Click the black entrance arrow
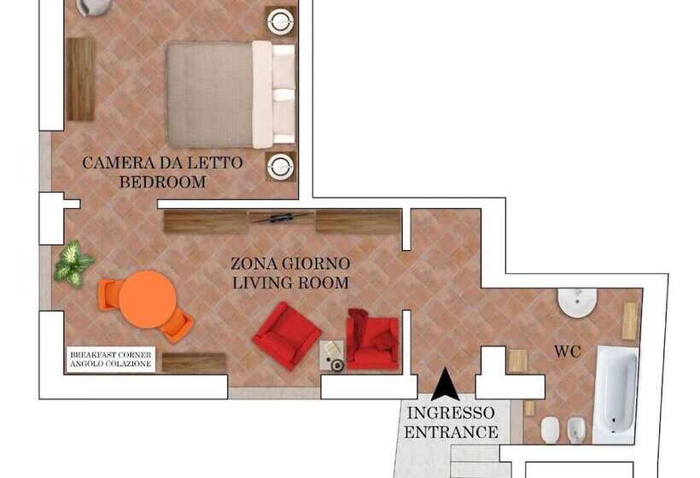click(445, 384)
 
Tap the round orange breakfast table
click(147, 300)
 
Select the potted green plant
click(73, 264)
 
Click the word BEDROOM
click(162, 182)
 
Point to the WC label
click(568, 352)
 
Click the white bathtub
click(615, 394)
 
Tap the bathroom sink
click(577, 302)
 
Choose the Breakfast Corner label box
click(111, 359)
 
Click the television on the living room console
click(281, 218)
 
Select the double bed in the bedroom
click(230, 95)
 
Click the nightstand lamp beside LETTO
click(280, 166)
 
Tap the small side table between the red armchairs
click(333, 356)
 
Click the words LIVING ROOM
click(290, 283)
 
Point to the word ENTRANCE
click(451, 432)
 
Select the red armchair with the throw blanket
click(372, 339)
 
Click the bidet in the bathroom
click(575, 430)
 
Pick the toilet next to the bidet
click(550, 430)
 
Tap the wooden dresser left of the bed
click(80, 79)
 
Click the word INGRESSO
click(451, 413)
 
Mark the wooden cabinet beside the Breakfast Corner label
click(194, 363)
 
